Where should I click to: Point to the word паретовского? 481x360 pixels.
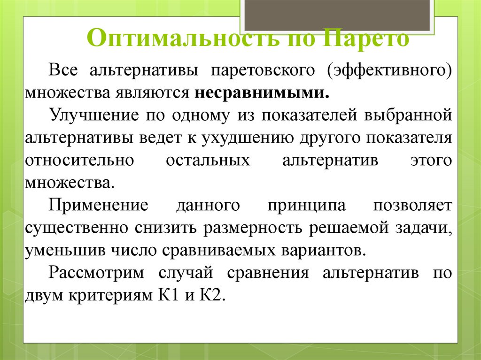262,70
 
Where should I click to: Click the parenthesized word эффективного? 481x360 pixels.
390,70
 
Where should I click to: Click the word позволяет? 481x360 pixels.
413,206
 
